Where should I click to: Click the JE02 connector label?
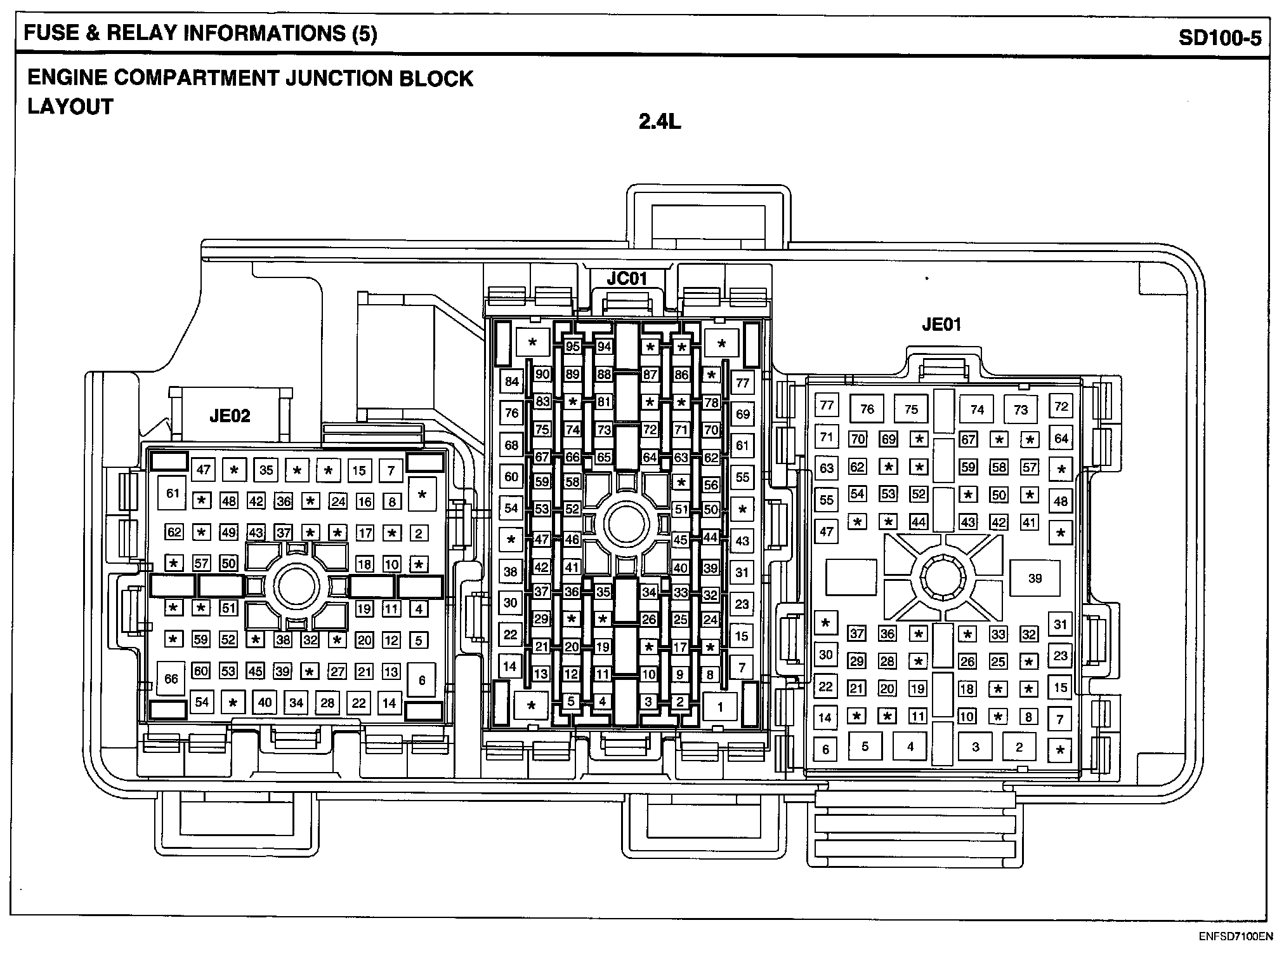pos(230,416)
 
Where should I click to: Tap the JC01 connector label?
pos(626,279)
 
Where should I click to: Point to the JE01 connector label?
pos(941,325)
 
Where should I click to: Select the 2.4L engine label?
pos(660,121)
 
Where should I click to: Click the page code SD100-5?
pos(1220,37)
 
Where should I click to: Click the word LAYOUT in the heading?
pos(70,107)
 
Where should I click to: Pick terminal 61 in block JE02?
pos(173,493)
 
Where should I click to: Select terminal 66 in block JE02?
pos(171,679)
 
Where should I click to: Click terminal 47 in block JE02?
pos(203,470)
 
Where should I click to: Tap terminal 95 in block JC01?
pos(573,347)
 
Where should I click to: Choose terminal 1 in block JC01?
pos(720,707)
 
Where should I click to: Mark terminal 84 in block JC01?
pos(511,382)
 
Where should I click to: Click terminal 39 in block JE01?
pos(1035,578)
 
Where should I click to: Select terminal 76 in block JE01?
pos(867,409)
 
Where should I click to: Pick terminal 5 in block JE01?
pos(865,747)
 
